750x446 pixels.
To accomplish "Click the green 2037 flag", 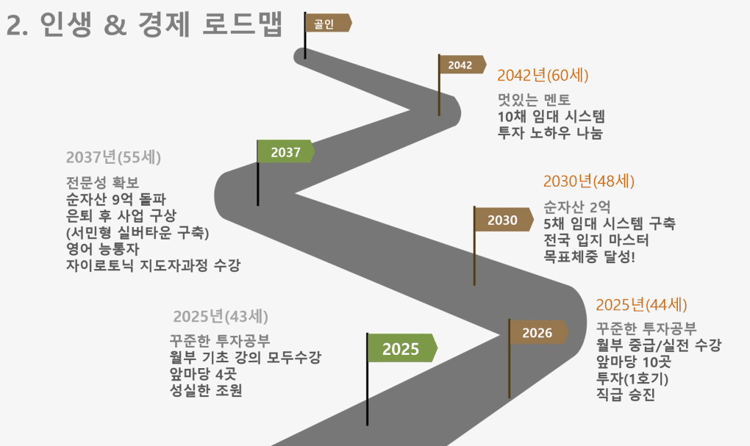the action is [285, 151].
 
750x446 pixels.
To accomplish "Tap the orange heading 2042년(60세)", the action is [543, 76].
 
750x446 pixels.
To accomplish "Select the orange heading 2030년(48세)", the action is [589, 181].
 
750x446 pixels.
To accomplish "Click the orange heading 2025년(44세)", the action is [641, 304].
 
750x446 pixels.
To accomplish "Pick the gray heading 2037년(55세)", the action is [113, 157].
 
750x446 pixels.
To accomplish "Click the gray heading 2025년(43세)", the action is [221, 317].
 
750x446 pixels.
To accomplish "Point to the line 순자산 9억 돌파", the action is [115, 199].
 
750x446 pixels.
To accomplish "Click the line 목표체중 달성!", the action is [589, 256].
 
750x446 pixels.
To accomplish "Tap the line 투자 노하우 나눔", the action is [550, 133].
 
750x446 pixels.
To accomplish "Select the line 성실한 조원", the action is [206, 390].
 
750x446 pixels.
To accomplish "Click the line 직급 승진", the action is [625, 395].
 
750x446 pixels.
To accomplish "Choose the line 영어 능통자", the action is [102, 248].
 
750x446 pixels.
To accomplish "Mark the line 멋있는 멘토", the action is [534, 99].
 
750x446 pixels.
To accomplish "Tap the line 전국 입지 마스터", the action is [596, 240].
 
